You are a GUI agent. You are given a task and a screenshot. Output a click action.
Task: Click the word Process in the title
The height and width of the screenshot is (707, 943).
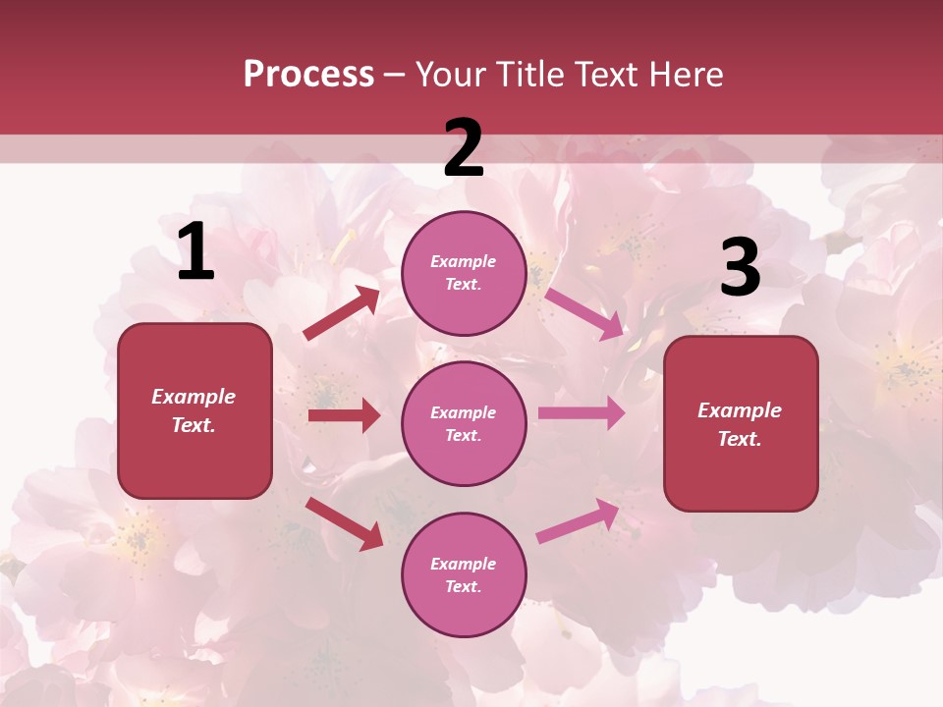pyautogui.click(x=308, y=75)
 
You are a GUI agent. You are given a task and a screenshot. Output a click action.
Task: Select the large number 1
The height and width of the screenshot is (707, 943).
pyautogui.click(x=195, y=253)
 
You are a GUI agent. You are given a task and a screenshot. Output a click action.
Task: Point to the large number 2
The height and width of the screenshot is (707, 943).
pyautogui.click(x=464, y=148)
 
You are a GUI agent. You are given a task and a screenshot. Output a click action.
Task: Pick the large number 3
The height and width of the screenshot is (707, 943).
pyautogui.click(x=740, y=268)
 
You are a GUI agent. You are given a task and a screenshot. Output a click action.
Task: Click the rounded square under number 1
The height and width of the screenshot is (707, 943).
pyautogui.click(x=194, y=410)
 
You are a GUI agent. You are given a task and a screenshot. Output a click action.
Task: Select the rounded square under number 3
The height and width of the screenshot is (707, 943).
pyautogui.click(x=741, y=424)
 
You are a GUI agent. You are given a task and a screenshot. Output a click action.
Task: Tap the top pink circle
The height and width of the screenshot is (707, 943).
pyautogui.click(x=464, y=273)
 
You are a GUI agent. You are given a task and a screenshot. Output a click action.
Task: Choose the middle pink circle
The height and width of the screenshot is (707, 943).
pyautogui.click(x=464, y=423)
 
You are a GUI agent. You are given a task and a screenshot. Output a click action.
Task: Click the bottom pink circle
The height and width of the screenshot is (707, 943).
pyautogui.click(x=464, y=574)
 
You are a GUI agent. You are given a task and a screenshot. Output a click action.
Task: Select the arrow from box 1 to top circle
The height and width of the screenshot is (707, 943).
pyautogui.click(x=342, y=313)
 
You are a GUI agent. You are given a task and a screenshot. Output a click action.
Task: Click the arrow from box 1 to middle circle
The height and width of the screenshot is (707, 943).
pyautogui.click(x=344, y=415)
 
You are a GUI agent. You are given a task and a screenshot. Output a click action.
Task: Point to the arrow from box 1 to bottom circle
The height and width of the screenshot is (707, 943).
pyautogui.click(x=345, y=523)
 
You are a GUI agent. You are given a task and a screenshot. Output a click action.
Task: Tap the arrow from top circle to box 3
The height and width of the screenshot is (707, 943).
pyautogui.click(x=583, y=313)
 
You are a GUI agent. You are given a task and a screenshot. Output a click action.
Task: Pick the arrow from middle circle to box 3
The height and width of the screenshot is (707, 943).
pyautogui.click(x=582, y=413)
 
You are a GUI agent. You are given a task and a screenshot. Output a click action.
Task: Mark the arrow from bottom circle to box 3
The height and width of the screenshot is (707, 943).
pyautogui.click(x=578, y=521)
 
